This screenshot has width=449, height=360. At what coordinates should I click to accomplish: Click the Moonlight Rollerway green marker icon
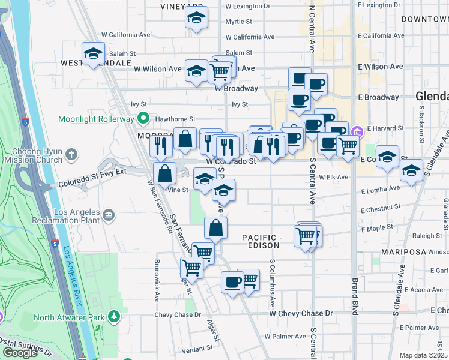[143, 118]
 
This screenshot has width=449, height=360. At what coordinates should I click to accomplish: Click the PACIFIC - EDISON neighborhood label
[261, 242]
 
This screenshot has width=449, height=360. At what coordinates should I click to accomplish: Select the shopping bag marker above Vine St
[164, 173]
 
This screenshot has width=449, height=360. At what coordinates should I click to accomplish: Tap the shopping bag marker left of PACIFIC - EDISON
[216, 228]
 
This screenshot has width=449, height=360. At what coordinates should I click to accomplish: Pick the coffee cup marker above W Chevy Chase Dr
[232, 281]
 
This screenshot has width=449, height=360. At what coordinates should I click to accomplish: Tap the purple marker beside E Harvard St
[357, 131]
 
